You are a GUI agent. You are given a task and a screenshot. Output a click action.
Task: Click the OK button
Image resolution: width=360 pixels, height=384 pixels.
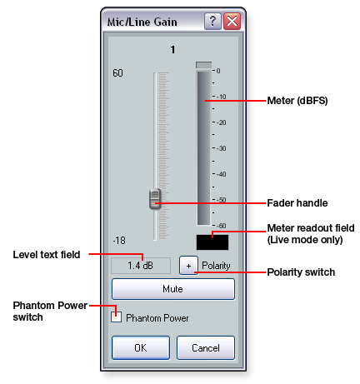[x=141, y=347]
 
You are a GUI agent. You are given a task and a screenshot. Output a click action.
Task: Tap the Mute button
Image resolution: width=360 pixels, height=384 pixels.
[x=173, y=289]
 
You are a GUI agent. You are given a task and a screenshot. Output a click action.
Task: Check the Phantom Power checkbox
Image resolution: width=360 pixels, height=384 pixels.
[x=116, y=317]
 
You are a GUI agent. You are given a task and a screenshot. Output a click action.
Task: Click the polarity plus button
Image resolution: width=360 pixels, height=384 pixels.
[x=188, y=266]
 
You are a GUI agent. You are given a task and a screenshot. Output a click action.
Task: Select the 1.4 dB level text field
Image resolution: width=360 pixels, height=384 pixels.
[x=141, y=266]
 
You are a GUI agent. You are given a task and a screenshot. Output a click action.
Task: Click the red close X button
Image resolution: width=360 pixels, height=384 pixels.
[x=232, y=21]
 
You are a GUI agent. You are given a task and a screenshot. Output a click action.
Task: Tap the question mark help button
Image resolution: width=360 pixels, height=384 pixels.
[x=212, y=21]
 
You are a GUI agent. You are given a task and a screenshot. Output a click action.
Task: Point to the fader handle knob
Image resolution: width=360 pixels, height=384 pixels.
[x=155, y=199]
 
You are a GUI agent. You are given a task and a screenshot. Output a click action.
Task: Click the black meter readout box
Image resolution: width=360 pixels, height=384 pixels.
[x=212, y=242]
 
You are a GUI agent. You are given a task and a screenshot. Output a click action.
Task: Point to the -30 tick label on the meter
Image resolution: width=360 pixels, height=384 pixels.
[x=222, y=148]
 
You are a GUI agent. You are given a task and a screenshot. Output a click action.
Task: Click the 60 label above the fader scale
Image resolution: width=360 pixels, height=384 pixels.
[x=117, y=73]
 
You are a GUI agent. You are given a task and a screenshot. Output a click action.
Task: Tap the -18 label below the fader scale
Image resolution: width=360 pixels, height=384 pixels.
[x=119, y=240]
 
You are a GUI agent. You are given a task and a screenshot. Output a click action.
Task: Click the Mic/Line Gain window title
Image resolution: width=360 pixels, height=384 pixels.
[x=142, y=22]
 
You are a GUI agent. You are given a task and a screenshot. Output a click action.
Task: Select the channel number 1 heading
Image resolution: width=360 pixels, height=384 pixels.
[x=172, y=50]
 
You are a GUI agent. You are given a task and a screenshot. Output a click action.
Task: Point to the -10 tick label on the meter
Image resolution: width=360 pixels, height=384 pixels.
[x=222, y=97]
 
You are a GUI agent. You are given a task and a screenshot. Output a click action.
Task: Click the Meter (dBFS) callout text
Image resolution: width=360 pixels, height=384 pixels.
[x=297, y=101]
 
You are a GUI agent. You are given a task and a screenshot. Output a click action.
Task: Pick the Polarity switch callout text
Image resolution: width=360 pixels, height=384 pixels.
[x=301, y=272]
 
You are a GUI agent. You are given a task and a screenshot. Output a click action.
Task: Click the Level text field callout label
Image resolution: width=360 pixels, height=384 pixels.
[x=47, y=255]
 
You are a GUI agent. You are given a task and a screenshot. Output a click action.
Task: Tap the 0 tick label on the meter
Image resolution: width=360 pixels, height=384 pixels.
[x=218, y=71]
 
